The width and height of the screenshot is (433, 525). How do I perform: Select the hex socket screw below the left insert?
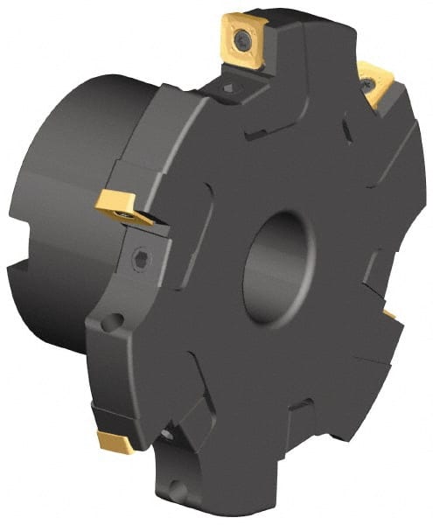tap(141, 260)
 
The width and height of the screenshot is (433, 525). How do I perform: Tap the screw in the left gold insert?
tap(129, 213)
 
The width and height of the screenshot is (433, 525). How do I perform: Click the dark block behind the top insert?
tap(289, 26)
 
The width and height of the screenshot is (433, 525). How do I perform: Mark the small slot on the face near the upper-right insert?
tap(346, 131)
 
